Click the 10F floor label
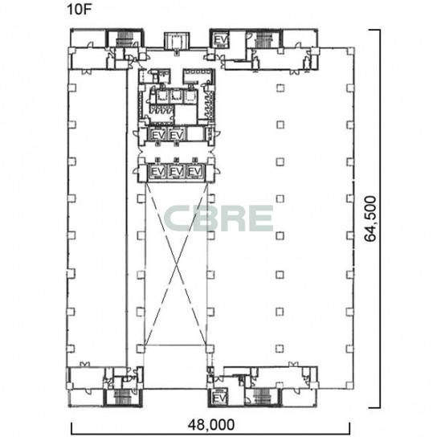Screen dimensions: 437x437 click(80, 9)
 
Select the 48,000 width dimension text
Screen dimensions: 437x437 click(211, 425)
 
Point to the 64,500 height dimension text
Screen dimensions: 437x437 click(370, 218)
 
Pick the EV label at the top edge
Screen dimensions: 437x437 click(221, 40)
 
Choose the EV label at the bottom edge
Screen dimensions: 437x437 click(219, 398)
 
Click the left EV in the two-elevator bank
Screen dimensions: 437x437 click(157, 135)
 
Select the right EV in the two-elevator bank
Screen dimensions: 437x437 click(177, 135)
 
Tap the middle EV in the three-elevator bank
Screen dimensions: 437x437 click(177, 171)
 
